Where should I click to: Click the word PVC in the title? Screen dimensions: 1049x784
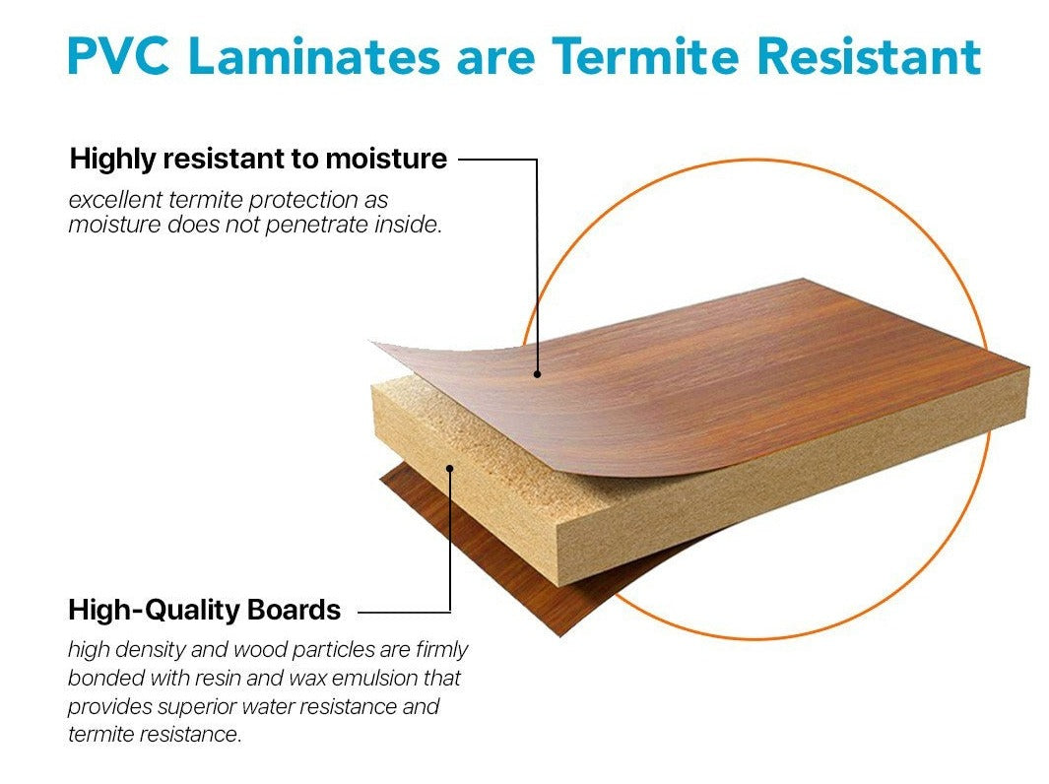tap(118, 55)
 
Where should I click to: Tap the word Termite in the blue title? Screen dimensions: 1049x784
tap(644, 55)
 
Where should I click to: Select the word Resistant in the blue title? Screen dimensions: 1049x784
tap(870, 55)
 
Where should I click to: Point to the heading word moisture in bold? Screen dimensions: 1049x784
tap(386, 160)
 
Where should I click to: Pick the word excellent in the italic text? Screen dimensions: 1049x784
tap(115, 199)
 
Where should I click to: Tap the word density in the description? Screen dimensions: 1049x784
tap(155, 650)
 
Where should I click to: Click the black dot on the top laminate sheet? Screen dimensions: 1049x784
tap(537, 374)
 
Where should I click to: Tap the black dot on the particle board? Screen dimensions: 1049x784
tap(449, 468)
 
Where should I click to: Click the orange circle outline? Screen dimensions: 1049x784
tap(755, 161)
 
